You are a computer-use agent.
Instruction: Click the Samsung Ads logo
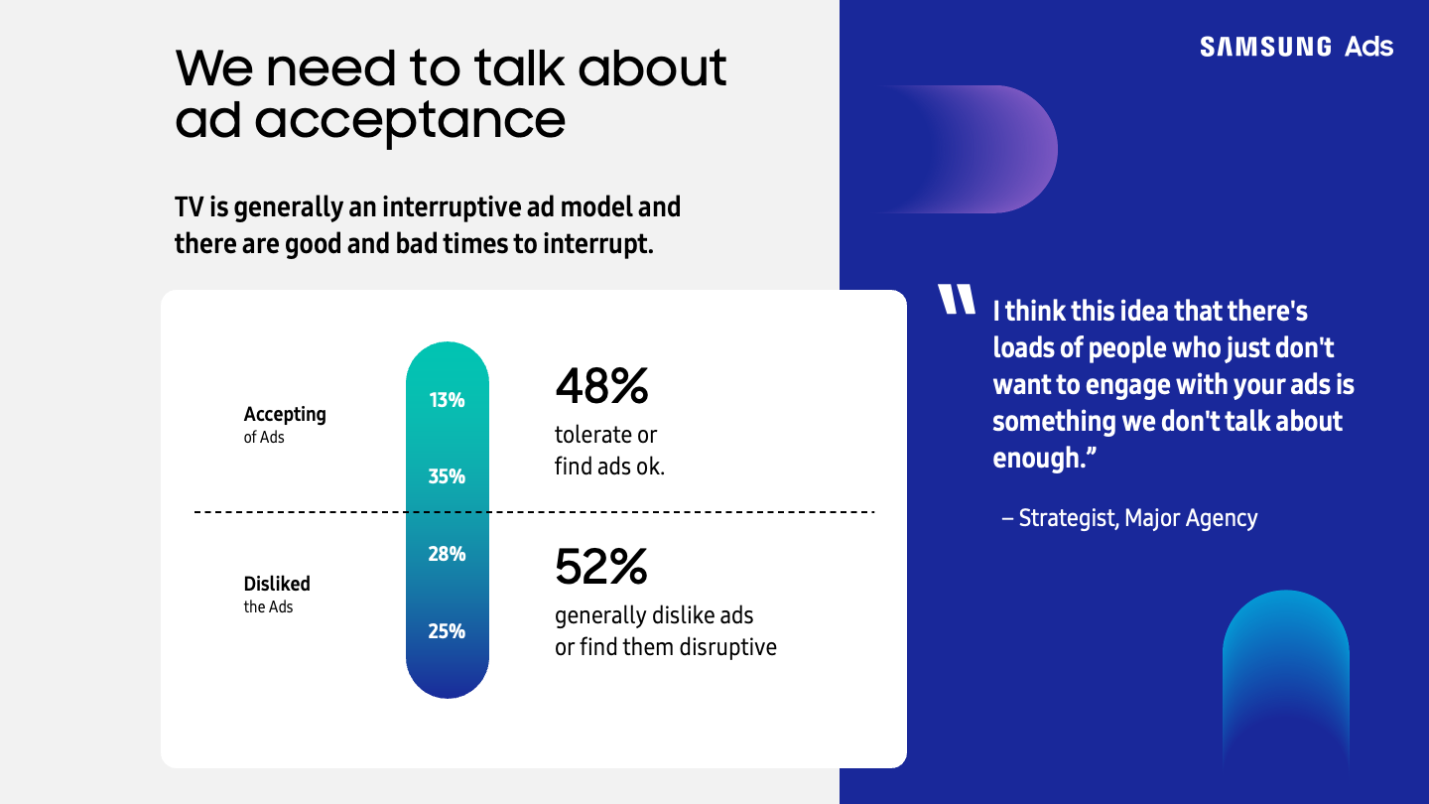(1296, 47)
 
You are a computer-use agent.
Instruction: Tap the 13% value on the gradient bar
(447, 400)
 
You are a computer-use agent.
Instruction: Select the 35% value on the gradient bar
(447, 476)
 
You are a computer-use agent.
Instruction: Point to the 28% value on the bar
(447, 554)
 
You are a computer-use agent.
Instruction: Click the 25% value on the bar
(447, 630)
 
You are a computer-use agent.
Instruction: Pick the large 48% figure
(601, 387)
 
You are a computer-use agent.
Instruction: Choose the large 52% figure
(601, 567)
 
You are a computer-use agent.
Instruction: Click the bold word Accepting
(285, 414)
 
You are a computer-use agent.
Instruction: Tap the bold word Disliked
(277, 584)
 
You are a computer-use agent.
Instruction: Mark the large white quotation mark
(959, 300)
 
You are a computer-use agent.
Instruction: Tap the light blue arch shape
(1285, 675)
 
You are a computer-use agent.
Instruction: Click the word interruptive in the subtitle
(455, 207)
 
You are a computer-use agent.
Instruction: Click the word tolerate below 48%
(593, 435)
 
